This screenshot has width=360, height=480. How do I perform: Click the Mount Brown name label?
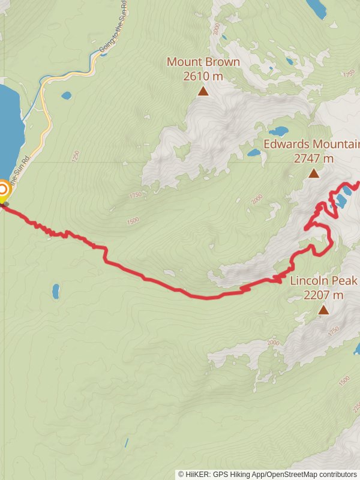[x=203, y=62]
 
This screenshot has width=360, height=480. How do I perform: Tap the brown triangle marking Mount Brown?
[x=203, y=91]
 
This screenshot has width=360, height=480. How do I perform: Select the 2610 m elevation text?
[x=203, y=76]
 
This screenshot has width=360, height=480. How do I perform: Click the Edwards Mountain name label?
[x=311, y=145]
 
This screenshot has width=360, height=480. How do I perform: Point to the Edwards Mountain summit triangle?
[x=313, y=173]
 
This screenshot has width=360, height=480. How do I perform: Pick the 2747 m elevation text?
[x=313, y=158]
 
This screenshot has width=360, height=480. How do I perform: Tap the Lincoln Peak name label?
[x=323, y=281]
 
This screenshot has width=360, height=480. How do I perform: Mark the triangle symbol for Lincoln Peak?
[x=324, y=310]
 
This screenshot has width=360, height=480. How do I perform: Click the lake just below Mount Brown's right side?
[x=278, y=131]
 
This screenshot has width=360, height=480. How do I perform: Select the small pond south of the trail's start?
[x=56, y=292]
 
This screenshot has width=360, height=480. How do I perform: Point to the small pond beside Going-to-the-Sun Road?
[x=66, y=95]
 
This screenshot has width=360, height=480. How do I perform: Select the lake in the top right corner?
[x=316, y=7]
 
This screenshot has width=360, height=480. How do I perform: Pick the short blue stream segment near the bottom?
[x=127, y=443]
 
